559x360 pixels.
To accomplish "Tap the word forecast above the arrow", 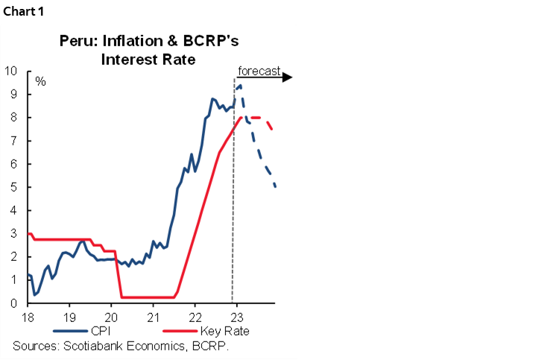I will (259, 72).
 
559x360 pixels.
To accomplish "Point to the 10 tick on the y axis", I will (11, 72).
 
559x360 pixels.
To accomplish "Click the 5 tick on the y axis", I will (14, 187).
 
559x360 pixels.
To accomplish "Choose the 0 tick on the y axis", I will (14, 303).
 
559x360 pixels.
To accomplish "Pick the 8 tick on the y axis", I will (14, 118).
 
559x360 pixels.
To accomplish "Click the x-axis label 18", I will (27, 316).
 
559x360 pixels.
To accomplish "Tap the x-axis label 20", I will (111, 316).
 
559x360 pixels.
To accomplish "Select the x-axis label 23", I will (236, 316).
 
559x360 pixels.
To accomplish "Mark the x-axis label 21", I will (153, 316).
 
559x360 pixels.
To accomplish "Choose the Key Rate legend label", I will (224, 331).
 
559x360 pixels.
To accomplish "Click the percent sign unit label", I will (40, 80).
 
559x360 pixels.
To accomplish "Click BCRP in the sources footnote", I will (211, 345).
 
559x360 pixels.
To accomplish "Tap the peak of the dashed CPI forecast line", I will (240, 86).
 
